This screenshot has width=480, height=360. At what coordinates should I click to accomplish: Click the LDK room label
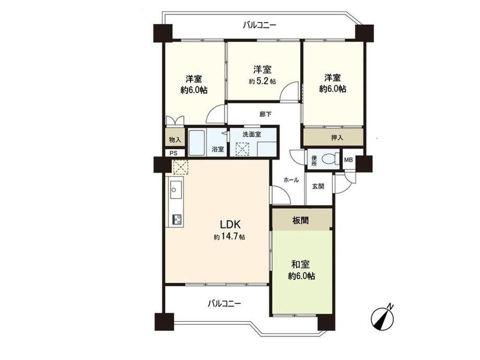(231, 224)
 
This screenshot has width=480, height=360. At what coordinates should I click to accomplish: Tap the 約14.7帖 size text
(229, 237)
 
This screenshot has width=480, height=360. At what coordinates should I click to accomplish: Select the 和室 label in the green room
(301, 264)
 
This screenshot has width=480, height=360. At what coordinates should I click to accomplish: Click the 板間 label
(301, 220)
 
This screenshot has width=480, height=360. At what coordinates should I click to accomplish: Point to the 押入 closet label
(337, 138)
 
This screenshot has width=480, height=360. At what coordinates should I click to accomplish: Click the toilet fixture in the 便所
(331, 159)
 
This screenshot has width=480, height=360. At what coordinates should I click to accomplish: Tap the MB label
(349, 160)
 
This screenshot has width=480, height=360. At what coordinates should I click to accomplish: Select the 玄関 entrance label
(318, 186)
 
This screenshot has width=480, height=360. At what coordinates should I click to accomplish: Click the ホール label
(291, 180)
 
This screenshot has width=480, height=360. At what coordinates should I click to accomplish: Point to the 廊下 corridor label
(265, 114)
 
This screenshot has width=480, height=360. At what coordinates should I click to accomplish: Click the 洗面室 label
(251, 134)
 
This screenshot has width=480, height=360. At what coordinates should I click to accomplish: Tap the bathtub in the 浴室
(197, 142)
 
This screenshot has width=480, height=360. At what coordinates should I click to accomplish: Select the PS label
(174, 153)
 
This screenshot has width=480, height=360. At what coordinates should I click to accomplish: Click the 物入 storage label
(175, 140)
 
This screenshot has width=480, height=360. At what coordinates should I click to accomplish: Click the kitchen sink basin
(176, 190)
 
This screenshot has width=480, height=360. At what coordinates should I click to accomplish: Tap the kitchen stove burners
(177, 219)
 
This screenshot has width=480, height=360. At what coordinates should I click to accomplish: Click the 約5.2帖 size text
(262, 81)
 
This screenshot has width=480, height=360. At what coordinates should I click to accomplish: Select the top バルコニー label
(259, 25)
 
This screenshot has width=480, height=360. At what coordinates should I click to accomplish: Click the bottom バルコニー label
(224, 304)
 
